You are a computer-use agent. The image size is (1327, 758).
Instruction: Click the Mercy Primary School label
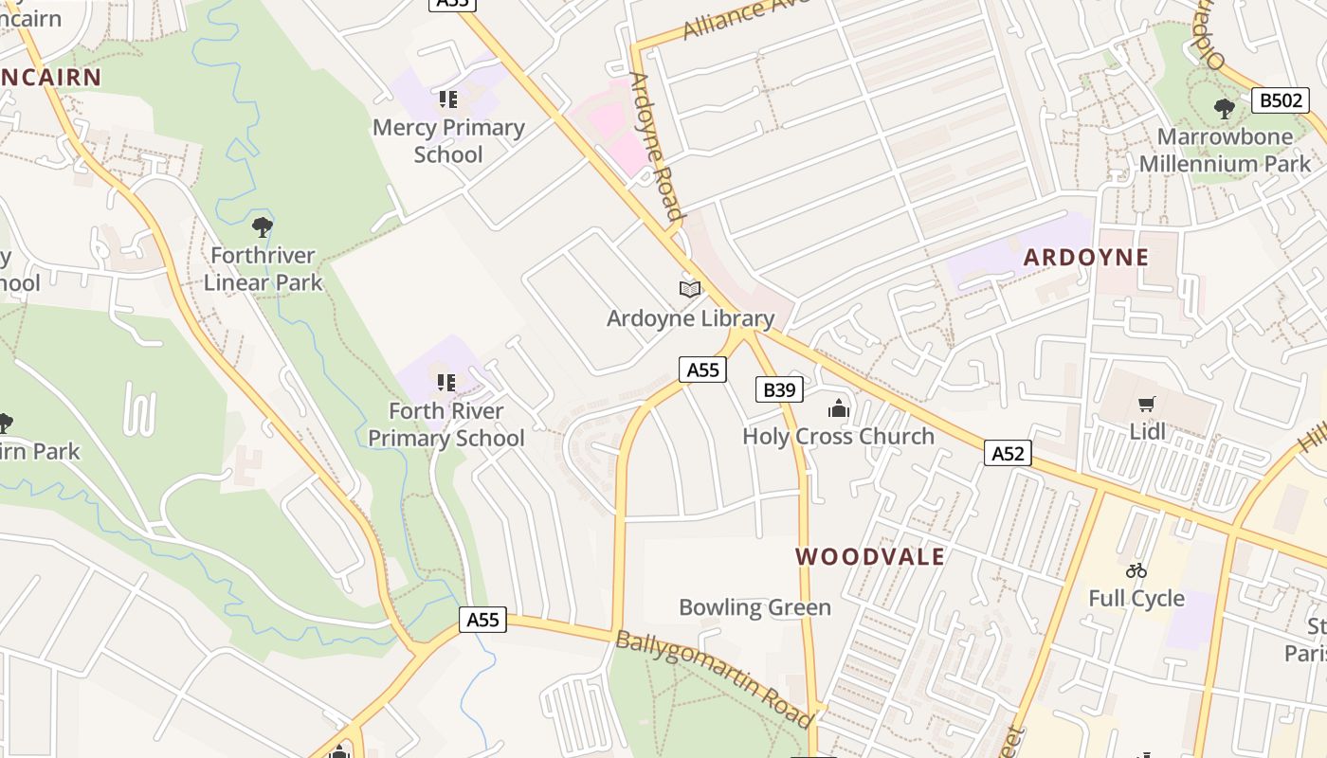pyautogui.click(x=448, y=140)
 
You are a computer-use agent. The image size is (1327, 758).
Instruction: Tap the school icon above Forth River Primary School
pyautogui.click(x=446, y=383)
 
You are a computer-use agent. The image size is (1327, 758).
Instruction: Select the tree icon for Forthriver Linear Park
pyautogui.click(x=263, y=227)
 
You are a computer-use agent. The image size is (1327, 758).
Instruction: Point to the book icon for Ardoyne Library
pyautogui.click(x=690, y=289)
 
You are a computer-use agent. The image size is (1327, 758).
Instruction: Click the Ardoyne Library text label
pyautogui.click(x=690, y=318)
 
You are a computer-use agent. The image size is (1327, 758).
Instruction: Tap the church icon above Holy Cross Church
pyautogui.click(x=838, y=408)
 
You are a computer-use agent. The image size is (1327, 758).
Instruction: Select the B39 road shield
pyautogui.click(x=779, y=389)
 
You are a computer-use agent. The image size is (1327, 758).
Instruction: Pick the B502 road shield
pyautogui.click(x=1280, y=100)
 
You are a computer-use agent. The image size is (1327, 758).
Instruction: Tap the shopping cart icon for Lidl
pyautogui.click(x=1147, y=405)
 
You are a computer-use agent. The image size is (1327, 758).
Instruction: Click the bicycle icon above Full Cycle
pyautogui.click(x=1136, y=570)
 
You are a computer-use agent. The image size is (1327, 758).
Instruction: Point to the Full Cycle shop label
pyautogui.click(x=1136, y=598)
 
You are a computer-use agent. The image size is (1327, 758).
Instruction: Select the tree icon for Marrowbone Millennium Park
pyautogui.click(x=1224, y=109)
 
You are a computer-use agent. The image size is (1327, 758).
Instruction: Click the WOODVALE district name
pyautogui.click(x=870, y=556)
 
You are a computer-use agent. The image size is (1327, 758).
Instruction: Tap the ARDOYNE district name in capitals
pyautogui.click(x=1086, y=257)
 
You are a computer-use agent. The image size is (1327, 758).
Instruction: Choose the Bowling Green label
pyautogui.click(x=754, y=607)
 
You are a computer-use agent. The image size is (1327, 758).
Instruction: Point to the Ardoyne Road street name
pyautogui.click(x=656, y=147)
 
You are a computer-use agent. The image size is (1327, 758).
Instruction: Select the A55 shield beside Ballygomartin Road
pyautogui.click(x=483, y=620)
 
